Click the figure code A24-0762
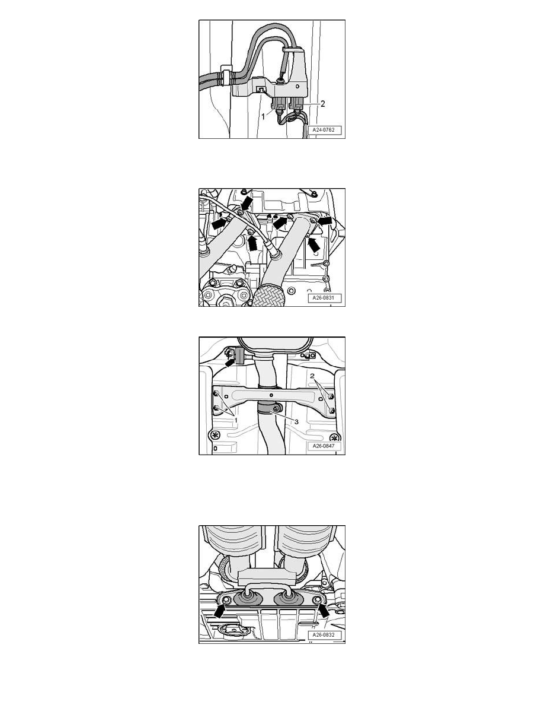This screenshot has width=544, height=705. pos(323,130)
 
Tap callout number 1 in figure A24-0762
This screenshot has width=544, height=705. pos(264,116)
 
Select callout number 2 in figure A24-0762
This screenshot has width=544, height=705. pos(322,104)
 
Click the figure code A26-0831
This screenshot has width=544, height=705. pos(324,298)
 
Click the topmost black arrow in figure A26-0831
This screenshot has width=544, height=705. pos(245,203)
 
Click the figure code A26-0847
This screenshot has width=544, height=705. pos(324,446)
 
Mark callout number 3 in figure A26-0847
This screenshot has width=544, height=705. pos(296,421)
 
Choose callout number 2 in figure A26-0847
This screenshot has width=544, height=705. pos(312,376)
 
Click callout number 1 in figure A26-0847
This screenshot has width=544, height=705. pos(235,419)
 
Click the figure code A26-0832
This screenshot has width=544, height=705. pos(324,635)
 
